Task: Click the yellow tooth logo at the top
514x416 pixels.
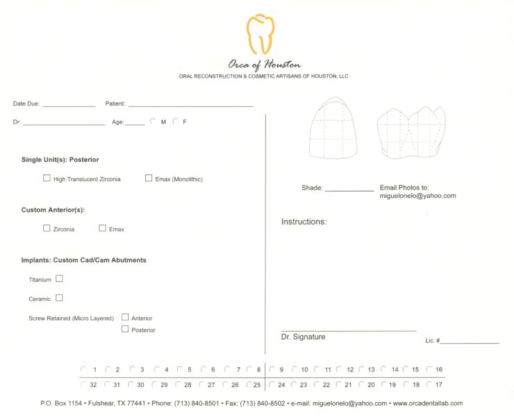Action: (x=260, y=34)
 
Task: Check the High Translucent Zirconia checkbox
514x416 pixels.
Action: (x=47, y=178)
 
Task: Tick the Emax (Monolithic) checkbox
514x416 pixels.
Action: (x=149, y=178)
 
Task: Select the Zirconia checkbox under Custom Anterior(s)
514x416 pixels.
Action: (x=47, y=228)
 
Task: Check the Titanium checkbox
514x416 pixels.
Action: (x=59, y=278)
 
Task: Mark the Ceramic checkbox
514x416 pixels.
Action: (x=59, y=298)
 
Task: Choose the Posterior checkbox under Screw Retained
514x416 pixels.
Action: (x=125, y=329)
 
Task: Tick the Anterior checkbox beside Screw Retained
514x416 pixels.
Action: (x=125, y=317)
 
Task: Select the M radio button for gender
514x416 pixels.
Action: (x=153, y=122)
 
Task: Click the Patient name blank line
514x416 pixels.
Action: (x=190, y=104)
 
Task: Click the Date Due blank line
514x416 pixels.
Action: (x=69, y=104)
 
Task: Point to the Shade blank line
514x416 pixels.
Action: (x=349, y=189)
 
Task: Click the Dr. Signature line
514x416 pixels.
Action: (x=349, y=329)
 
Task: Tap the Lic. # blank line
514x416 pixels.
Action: (x=469, y=342)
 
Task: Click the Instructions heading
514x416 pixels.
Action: (x=304, y=222)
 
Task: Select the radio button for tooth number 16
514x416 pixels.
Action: (x=429, y=369)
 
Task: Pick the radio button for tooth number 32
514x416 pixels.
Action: (x=83, y=384)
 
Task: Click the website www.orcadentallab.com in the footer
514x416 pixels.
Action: (x=427, y=403)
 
